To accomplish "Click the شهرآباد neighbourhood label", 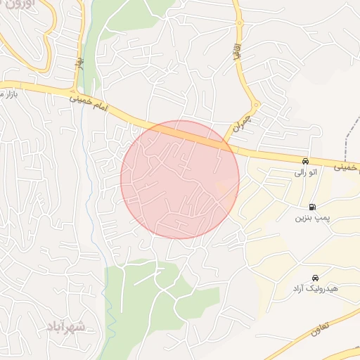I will tap(67, 327).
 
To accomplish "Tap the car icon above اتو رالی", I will tap(305, 161).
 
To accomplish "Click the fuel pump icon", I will tap(311, 207).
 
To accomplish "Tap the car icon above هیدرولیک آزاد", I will tap(315, 278).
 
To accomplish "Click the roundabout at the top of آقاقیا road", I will tap(240, 23).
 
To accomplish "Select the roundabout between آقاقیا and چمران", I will tap(256, 106).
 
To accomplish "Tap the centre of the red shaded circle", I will tap(180, 179).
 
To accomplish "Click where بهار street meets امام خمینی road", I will tap(73, 93).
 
